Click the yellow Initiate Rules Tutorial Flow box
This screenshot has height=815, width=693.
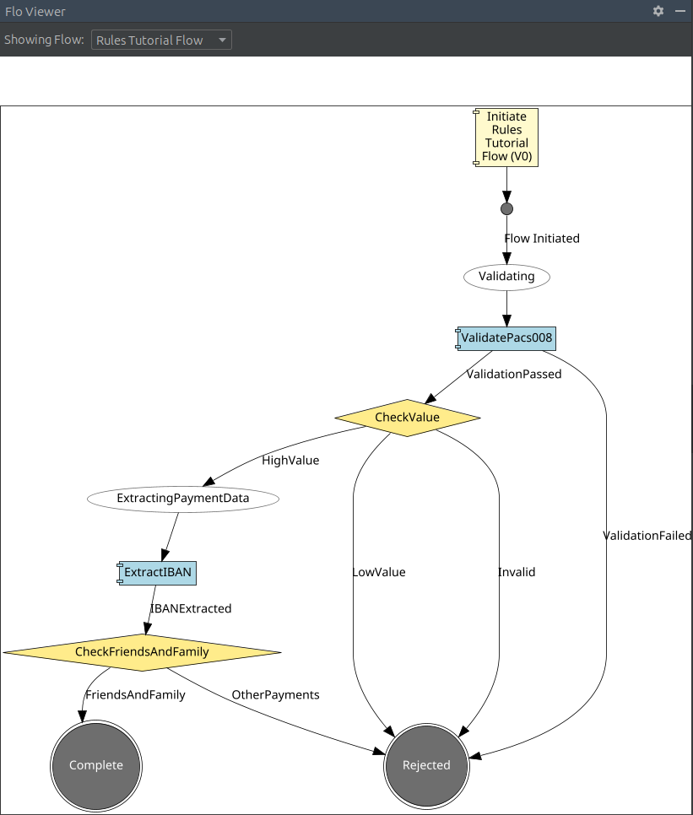point(506,137)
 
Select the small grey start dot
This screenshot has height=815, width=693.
point(506,208)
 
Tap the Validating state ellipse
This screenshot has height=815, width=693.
point(506,276)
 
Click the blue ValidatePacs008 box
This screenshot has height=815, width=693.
point(506,338)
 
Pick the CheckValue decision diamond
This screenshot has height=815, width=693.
point(407,418)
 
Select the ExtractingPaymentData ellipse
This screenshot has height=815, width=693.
point(183,499)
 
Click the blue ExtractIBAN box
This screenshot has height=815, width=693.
point(158,573)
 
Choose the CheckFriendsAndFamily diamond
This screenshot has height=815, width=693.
point(142,652)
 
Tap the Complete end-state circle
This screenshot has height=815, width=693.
point(96,765)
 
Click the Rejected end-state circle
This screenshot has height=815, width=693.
point(426,765)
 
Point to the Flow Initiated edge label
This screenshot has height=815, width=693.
point(542,239)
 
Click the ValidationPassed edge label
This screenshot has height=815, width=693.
point(513,374)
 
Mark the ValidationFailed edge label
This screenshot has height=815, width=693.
point(647,536)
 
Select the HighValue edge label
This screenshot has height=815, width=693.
point(290,461)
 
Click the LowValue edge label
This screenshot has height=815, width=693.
point(378,572)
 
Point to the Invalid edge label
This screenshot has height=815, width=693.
point(517,572)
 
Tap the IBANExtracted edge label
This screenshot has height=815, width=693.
point(191,608)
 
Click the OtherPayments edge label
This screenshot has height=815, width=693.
point(275,695)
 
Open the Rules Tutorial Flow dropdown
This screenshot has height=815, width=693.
point(161,40)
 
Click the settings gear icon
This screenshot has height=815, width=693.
point(658,11)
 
